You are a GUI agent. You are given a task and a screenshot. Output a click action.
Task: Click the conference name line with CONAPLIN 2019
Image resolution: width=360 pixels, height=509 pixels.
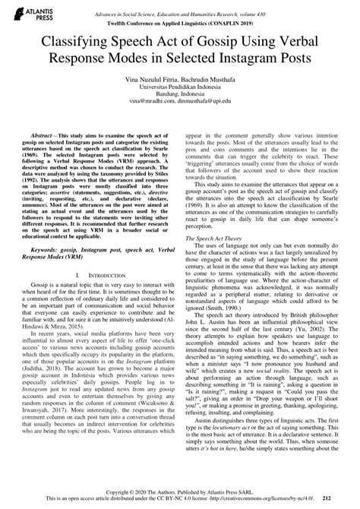(180, 24)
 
